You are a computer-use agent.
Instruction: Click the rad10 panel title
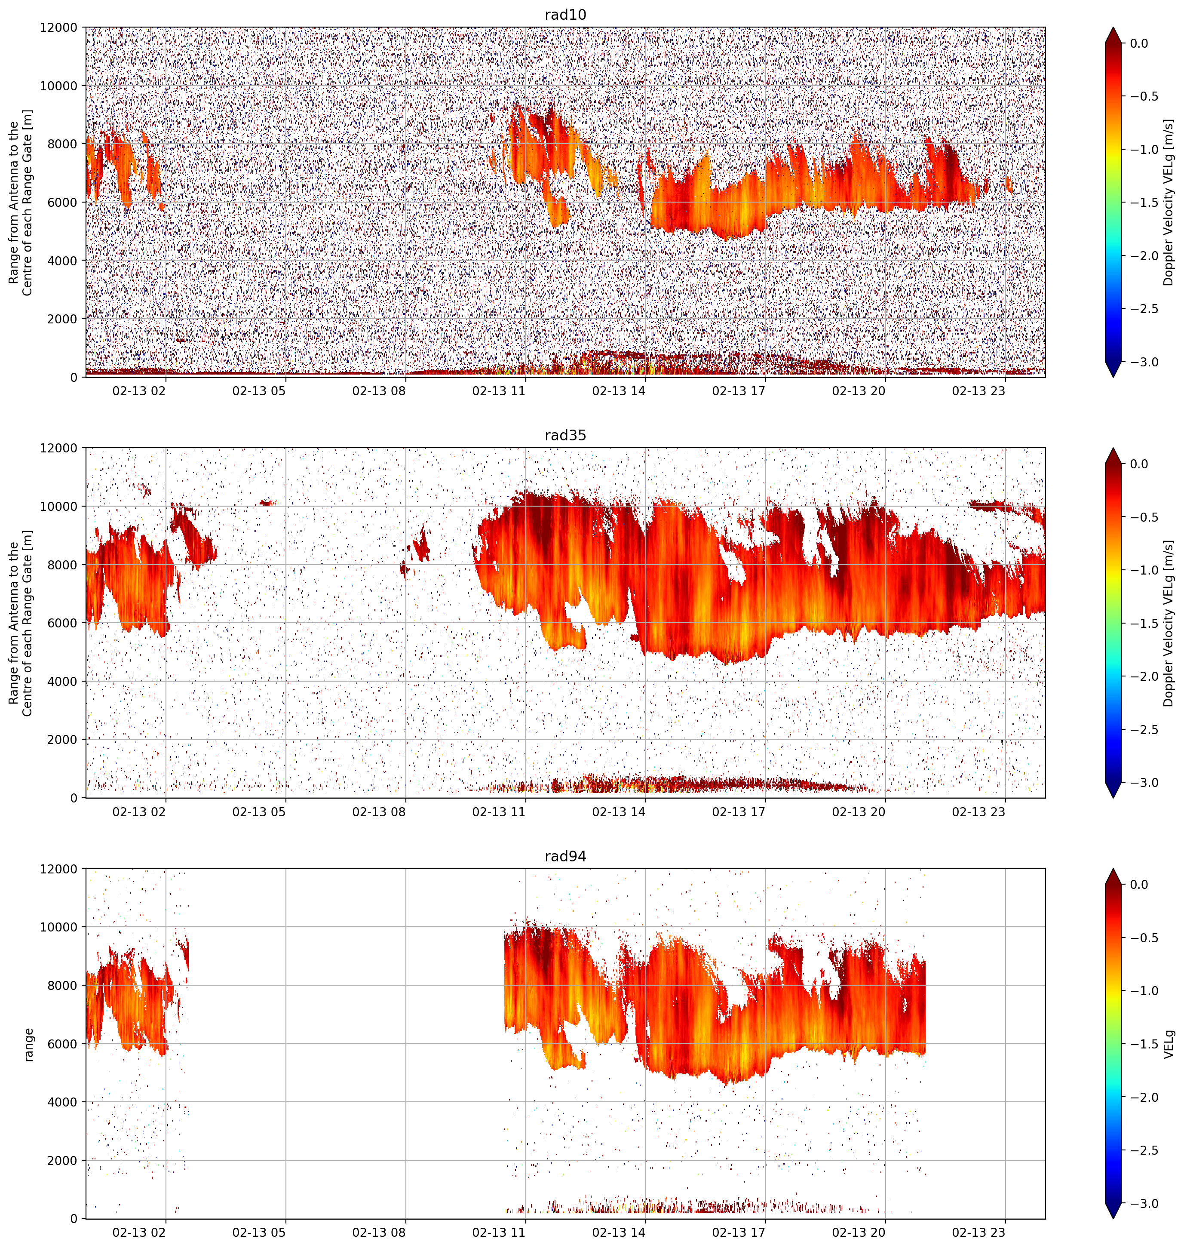[565, 15]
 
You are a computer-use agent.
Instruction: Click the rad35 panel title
[565, 435]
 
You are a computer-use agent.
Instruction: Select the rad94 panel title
[565, 856]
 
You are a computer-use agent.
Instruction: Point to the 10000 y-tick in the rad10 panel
[59, 86]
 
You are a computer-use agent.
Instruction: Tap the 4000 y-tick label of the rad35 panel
[62, 681]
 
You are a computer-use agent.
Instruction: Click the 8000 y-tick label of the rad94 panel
[62, 985]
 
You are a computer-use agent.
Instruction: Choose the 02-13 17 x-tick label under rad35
[739, 811]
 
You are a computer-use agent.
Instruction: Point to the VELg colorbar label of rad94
[1169, 1044]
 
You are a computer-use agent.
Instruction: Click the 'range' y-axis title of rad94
[28, 1045]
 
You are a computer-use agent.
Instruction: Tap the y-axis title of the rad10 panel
[21, 202]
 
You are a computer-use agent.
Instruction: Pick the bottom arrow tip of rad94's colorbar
[1113, 1218]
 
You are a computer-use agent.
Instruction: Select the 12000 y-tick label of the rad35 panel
[59, 448]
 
